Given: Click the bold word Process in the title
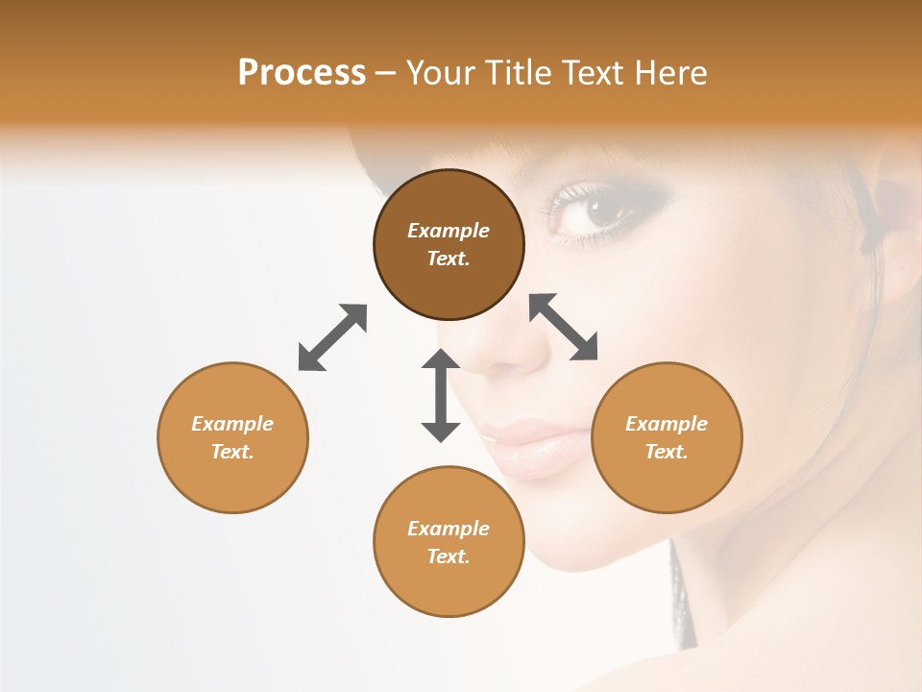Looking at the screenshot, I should pyautogui.click(x=302, y=72).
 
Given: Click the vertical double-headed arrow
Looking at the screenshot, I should pyautogui.click(x=441, y=395).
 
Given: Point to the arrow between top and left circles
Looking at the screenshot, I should pyautogui.click(x=332, y=337).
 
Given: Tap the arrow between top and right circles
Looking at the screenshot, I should pyautogui.click(x=564, y=327).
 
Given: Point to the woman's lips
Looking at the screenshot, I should pyautogui.click(x=538, y=445).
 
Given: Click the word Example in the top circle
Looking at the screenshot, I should pyautogui.click(x=449, y=231).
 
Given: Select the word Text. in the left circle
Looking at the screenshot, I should pyautogui.click(x=232, y=452).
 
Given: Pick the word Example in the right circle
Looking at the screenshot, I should pyautogui.click(x=667, y=424).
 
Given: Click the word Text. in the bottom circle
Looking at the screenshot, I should pyautogui.click(x=449, y=556).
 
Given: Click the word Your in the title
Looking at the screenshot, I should pyautogui.click(x=439, y=72).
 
